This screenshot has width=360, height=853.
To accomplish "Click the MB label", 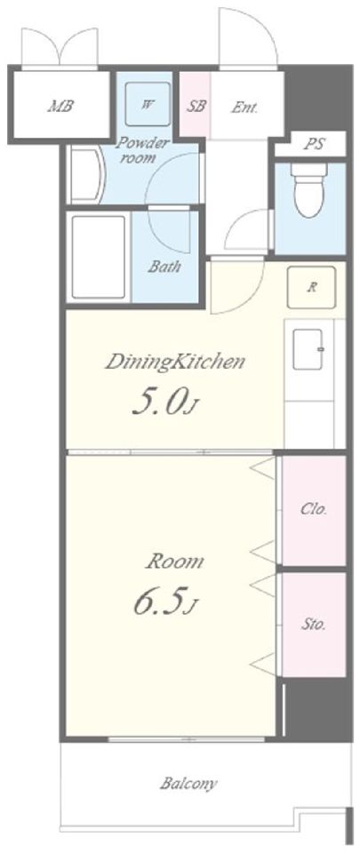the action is click(x=60, y=106).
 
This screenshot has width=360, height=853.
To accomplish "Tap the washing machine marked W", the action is click(x=148, y=105).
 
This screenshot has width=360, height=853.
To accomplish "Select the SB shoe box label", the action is click(x=196, y=106).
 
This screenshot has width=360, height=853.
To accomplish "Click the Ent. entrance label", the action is click(x=244, y=108).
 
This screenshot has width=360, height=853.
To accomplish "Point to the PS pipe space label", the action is click(x=315, y=145).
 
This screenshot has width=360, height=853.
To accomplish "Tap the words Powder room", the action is click(x=142, y=151).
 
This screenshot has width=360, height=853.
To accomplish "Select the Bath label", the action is click(x=164, y=267).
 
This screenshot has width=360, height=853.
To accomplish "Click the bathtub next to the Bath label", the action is click(x=99, y=257).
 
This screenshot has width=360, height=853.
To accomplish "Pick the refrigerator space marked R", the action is click(x=312, y=288).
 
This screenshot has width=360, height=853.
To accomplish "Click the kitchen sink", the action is click(x=308, y=348).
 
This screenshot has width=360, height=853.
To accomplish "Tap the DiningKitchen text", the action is click(x=174, y=363).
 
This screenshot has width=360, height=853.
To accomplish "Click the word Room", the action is click(x=174, y=562).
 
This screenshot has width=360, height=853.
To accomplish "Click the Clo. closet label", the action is click(x=315, y=510).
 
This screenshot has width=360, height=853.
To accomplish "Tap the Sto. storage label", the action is click(x=314, y=625).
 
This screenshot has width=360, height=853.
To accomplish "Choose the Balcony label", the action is click(x=188, y=784).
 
